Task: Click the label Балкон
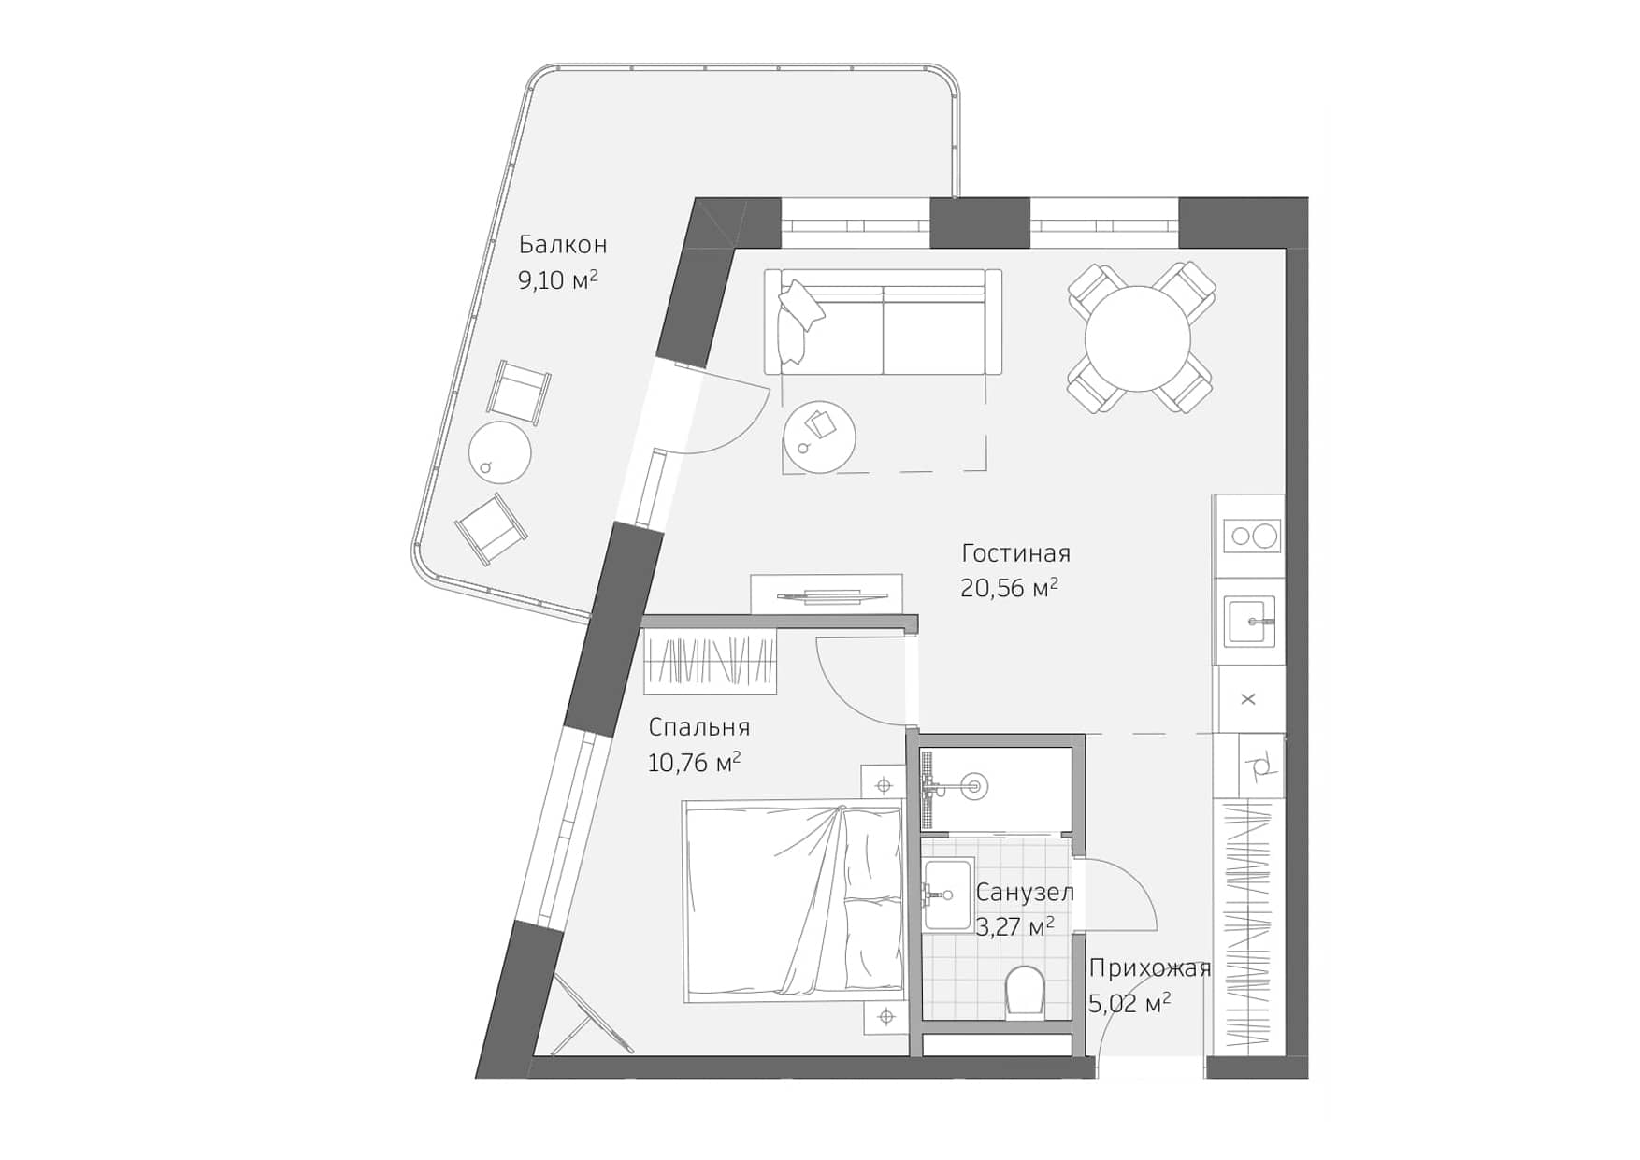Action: [563, 245]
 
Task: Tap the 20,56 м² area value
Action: [1008, 588]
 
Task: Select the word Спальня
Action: [698, 727]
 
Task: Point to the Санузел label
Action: [1025, 892]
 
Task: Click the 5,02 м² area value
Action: [1129, 1004]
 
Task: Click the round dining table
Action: [1137, 338]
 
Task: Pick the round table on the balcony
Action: [499, 452]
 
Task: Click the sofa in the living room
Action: [883, 322]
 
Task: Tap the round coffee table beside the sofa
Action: [819, 437]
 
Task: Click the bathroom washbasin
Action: [946, 895]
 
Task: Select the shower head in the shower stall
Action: [974, 786]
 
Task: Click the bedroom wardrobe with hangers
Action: [711, 662]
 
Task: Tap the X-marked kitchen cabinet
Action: [1248, 699]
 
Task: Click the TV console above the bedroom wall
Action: [826, 594]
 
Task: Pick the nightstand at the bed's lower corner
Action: [885, 1015]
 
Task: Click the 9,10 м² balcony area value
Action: [557, 279]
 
